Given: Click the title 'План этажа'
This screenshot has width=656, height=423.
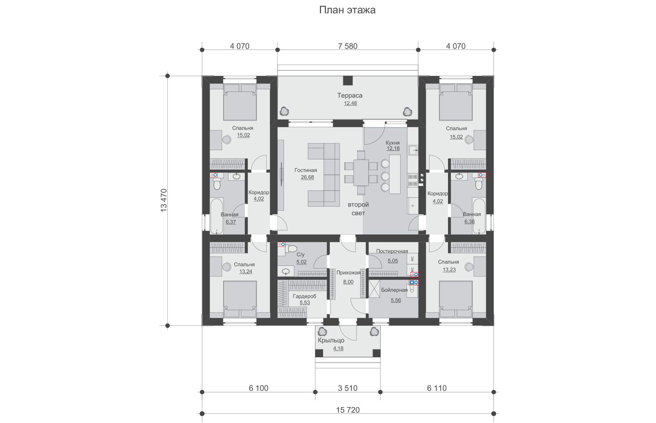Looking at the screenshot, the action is coord(347,10).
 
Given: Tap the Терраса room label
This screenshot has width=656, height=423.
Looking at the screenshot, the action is coord(350,95).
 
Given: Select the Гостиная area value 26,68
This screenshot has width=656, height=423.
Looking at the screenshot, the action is coord(308,177).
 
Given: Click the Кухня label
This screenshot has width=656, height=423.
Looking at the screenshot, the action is coord(393,143).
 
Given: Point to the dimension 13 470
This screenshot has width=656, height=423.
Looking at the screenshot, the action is coord(164,200).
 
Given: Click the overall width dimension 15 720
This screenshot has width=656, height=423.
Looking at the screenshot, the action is coord(348,410).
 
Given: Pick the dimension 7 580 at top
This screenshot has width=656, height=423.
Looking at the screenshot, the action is coord(348,46).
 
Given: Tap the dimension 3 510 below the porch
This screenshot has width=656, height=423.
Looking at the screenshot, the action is coord(348,388).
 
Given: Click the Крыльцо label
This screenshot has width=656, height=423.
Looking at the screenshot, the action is coord(331,341).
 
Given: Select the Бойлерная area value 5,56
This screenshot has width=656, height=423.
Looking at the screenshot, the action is coord(396,300).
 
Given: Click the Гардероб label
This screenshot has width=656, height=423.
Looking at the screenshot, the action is coord(304,296).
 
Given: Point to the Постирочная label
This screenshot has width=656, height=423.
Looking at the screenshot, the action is coord(392,251).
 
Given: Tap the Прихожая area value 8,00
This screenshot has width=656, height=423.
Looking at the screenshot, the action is coord(348,282).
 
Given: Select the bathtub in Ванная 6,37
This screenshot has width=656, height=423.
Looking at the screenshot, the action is coord(217,216).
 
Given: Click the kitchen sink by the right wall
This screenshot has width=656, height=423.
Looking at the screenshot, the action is coord(413,150).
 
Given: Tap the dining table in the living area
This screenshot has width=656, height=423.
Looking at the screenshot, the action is coord(361,173).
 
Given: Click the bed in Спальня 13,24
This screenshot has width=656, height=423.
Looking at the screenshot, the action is coord(240,299).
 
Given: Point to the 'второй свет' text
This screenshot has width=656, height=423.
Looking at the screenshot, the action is coord(358,209).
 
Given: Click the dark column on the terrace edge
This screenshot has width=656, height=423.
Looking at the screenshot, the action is coord(348,81).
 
